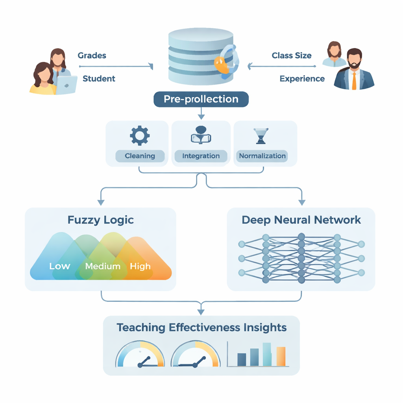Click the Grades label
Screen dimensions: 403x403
point(92,55)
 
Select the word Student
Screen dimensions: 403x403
point(99,79)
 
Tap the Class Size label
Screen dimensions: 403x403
point(292,55)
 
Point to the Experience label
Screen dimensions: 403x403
point(302,79)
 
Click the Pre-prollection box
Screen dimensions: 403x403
point(201,99)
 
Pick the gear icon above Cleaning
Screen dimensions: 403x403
point(140,136)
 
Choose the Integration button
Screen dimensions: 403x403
point(201,156)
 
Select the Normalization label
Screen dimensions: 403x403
point(262,156)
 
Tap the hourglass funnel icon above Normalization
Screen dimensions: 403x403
point(261,136)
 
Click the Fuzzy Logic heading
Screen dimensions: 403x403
point(101,220)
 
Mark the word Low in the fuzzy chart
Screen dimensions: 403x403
point(59,266)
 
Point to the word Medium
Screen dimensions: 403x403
point(103,266)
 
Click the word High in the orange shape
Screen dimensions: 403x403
point(140,266)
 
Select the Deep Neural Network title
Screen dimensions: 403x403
point(301,220)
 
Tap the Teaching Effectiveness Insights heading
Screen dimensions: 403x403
point(201,327)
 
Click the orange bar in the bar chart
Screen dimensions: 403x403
point(281,356)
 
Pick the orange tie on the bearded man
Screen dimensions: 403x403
point(354,81)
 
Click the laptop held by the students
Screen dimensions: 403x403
point(67,85)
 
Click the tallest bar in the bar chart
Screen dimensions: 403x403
point(267,354)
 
